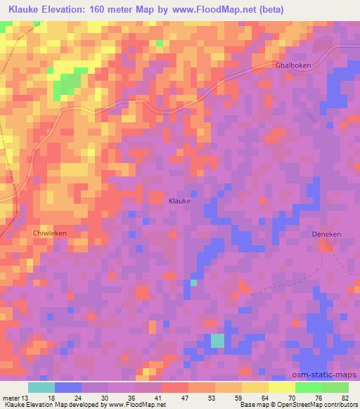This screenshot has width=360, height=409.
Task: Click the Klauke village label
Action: [180, 201]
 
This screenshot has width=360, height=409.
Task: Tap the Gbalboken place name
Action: [292, 65]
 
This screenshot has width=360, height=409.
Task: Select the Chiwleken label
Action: [49, 231]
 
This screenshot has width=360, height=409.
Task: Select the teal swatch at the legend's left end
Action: [41, 387]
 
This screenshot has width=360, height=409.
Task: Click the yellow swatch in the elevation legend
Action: [281, 387]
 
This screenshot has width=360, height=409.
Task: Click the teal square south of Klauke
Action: [219, 340]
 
